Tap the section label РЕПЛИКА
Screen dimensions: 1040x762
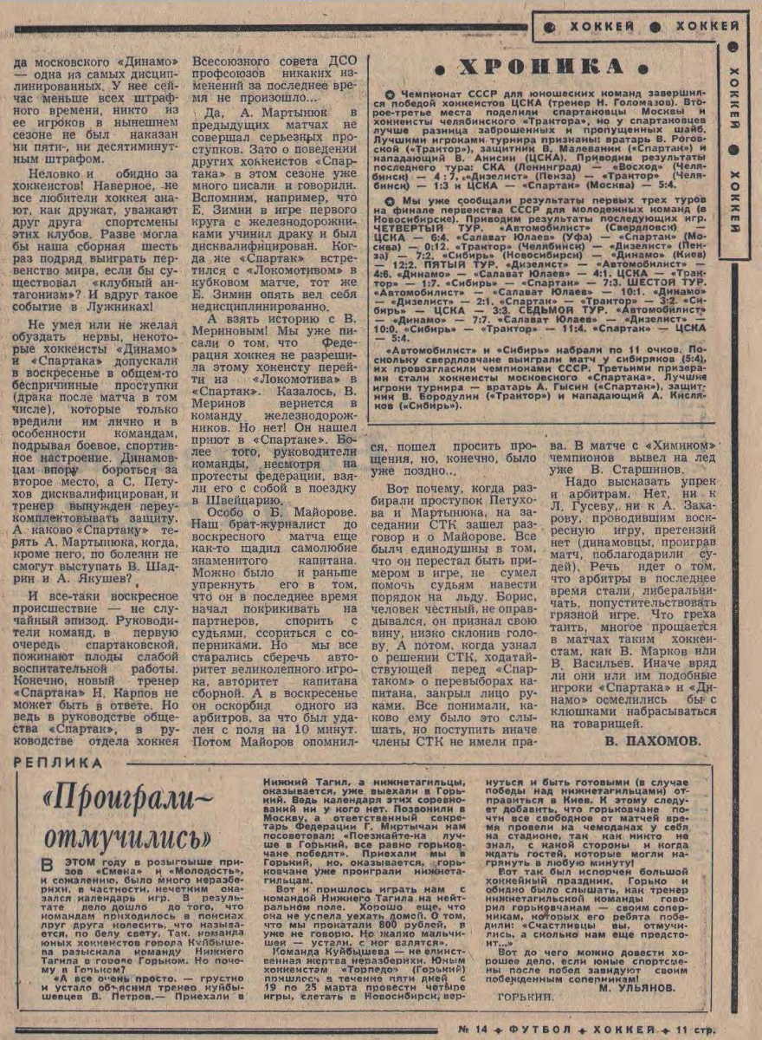click(x=59, y=763)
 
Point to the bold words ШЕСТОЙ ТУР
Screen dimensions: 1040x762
click(x=668, y=283)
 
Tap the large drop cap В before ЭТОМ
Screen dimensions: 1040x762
click(x=50, y=868)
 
